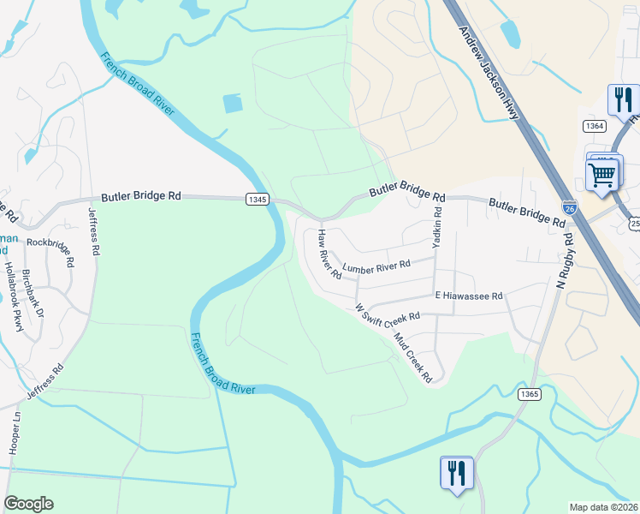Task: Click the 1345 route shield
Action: pyautogui.click(x=258, y=199)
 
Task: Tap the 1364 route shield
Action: pyautogui.click(x=595, y=126)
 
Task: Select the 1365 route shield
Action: pyautogui.click(x=529, y=393)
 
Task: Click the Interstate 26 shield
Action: pyautogui.click(x=571, y=208)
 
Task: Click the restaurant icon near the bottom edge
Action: pyautogui.click(x=455, y=472)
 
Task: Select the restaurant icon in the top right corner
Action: pyautogui.click(x=622, y=99)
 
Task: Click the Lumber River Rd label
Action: pyautogui.click(x=376, y=267)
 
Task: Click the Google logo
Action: pyautogui.click(x=28, y=504)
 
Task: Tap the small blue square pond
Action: pyautogui.click(x=233, y=104)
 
